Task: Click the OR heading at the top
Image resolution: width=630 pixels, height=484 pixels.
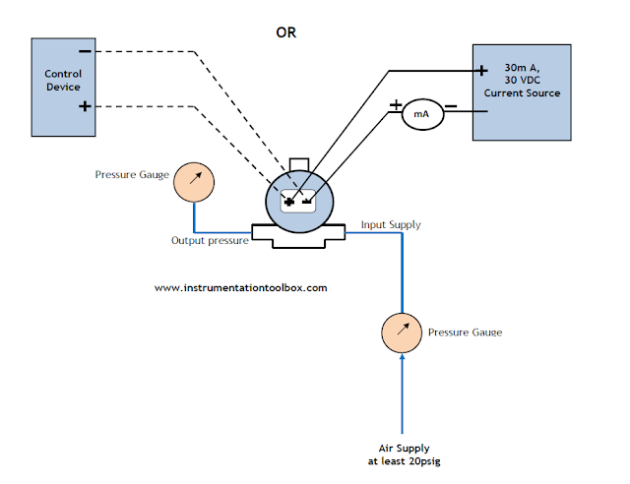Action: click(285, 31)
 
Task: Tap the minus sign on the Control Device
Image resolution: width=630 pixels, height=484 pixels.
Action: click(86, 50)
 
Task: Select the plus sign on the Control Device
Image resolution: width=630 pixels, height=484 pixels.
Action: click(86, 105)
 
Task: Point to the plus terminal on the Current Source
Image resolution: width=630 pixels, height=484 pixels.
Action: click(482, 70)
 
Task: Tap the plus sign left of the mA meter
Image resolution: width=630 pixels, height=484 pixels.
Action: click(396, 104)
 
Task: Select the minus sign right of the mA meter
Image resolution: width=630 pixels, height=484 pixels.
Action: click(450, 105)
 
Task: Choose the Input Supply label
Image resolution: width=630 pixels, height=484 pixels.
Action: click(391, 225)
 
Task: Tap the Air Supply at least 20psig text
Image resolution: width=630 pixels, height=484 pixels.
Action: click(403, 453)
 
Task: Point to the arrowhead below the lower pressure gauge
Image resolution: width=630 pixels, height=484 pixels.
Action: click(402, 360)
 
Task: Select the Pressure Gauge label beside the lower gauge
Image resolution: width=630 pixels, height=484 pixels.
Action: click(465, 333)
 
